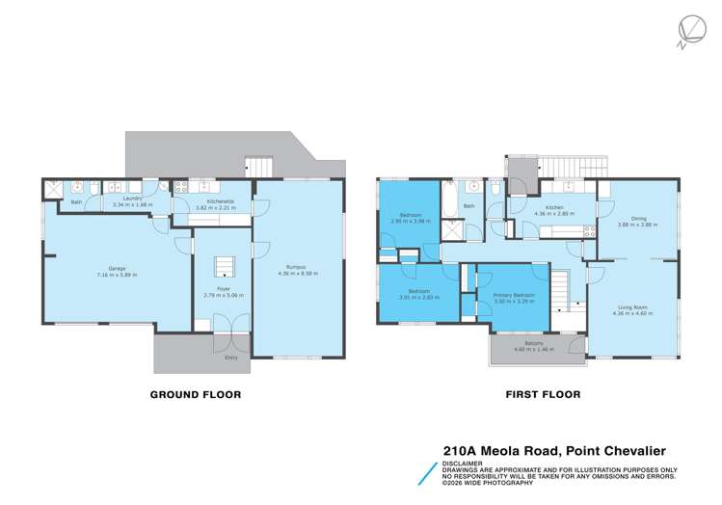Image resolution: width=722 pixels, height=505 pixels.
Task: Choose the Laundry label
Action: coord(133,198)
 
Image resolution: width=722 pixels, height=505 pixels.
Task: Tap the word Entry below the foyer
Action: coord(230,359)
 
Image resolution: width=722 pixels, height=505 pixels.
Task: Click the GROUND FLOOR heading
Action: coord(195,394)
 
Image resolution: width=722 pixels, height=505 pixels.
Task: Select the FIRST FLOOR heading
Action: coord(543,394)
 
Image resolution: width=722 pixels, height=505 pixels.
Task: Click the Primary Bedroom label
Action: coord(514,294)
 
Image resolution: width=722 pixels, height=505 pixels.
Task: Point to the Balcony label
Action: coord(533,343)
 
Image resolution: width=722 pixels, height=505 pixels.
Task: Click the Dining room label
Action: coord(637,219)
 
